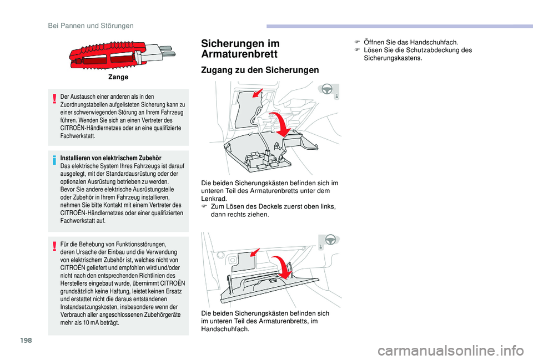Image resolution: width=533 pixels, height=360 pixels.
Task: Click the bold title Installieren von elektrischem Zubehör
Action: [x=103, y=158]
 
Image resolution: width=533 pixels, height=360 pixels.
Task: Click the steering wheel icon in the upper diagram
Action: [x=329, y=90]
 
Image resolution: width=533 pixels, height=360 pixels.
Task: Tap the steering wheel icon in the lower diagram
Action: [x=329, y=240]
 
